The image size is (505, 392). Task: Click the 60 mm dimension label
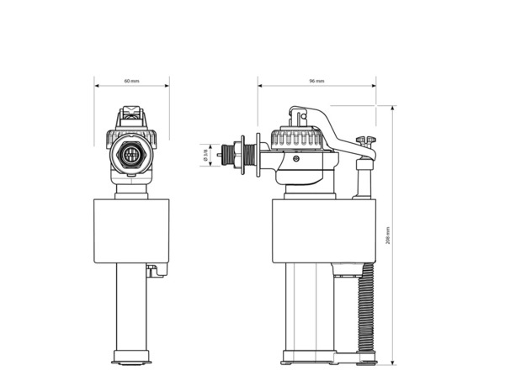click(x=131, y=81)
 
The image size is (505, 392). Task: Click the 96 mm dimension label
click(x=316, y=81)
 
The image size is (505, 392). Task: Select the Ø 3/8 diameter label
click(x=205, y=155)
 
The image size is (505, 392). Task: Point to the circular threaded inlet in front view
click(x=131, y=156)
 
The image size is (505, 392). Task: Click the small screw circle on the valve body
click(x=295, y=157)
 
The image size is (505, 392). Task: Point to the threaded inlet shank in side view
click(x=230, y=156)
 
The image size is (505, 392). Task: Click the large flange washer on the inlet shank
click(x=243, y=156)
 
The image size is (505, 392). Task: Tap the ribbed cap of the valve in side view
click(x=295, y=138)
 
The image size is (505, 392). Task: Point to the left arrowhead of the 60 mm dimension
click(x=96, y=86)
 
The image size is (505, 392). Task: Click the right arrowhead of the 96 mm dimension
click(x=373, y=86)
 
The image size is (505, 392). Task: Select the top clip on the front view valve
click(x=131, y=113)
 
